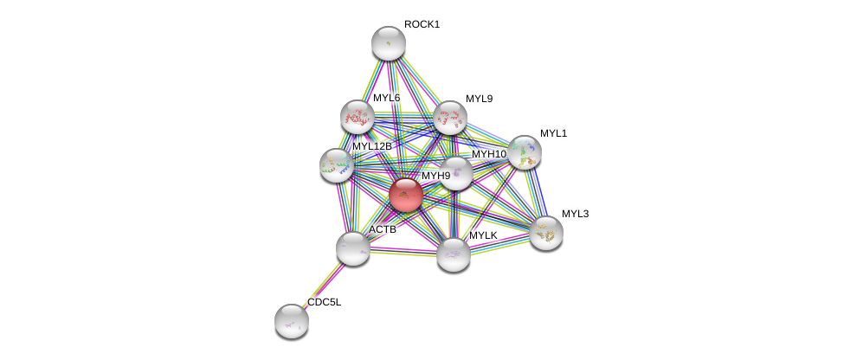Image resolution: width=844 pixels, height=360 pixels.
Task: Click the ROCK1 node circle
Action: coord(389,43)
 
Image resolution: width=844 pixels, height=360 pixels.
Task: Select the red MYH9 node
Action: coord(405,195)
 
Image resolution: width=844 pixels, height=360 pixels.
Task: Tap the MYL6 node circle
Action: coord(357,117)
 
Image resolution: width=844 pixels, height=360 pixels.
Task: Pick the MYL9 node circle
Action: coord(450,118)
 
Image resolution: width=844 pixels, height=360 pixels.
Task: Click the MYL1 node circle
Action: coord(525,152)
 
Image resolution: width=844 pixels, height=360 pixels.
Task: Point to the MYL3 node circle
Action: coord(546,233)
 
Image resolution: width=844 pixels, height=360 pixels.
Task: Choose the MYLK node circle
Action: coord(454,254)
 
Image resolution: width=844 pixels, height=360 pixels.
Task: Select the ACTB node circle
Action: coord(353,248)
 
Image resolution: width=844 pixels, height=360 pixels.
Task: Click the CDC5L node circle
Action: coord(292,320)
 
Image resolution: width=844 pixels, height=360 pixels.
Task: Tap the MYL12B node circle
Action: coord(336,165)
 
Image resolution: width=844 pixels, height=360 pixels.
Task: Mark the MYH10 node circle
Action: coord(456,172)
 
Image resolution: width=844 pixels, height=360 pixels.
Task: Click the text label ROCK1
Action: coord(422,24)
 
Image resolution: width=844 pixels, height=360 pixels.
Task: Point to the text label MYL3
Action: coord(575,214)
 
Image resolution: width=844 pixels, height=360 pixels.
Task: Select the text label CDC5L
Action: coord(325,302)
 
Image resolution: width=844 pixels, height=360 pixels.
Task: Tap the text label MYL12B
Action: coord(372,146)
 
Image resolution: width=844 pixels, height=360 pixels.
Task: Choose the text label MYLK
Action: coord(483,235)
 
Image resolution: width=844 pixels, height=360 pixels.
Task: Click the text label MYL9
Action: coord(479,99)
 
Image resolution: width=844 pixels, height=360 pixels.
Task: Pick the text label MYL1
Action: coord(553,133)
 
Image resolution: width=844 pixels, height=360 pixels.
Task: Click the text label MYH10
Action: coord(489,154)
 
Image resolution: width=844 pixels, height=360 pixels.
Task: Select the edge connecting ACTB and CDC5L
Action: coord(322,285)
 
